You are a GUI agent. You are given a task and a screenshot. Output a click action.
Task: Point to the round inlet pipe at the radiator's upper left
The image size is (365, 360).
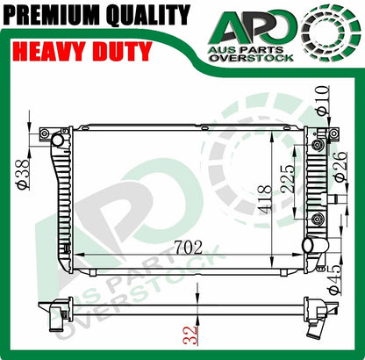pos(57,140)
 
